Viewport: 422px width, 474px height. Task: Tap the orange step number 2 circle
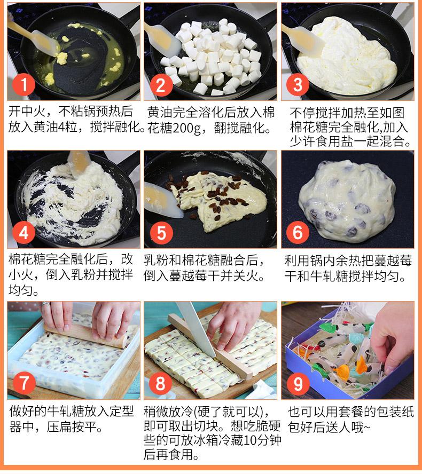[x=161, y=85]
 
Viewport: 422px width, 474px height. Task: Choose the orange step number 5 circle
[x=161, y=233]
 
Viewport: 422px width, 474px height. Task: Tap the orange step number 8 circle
[x=161, y=383]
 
